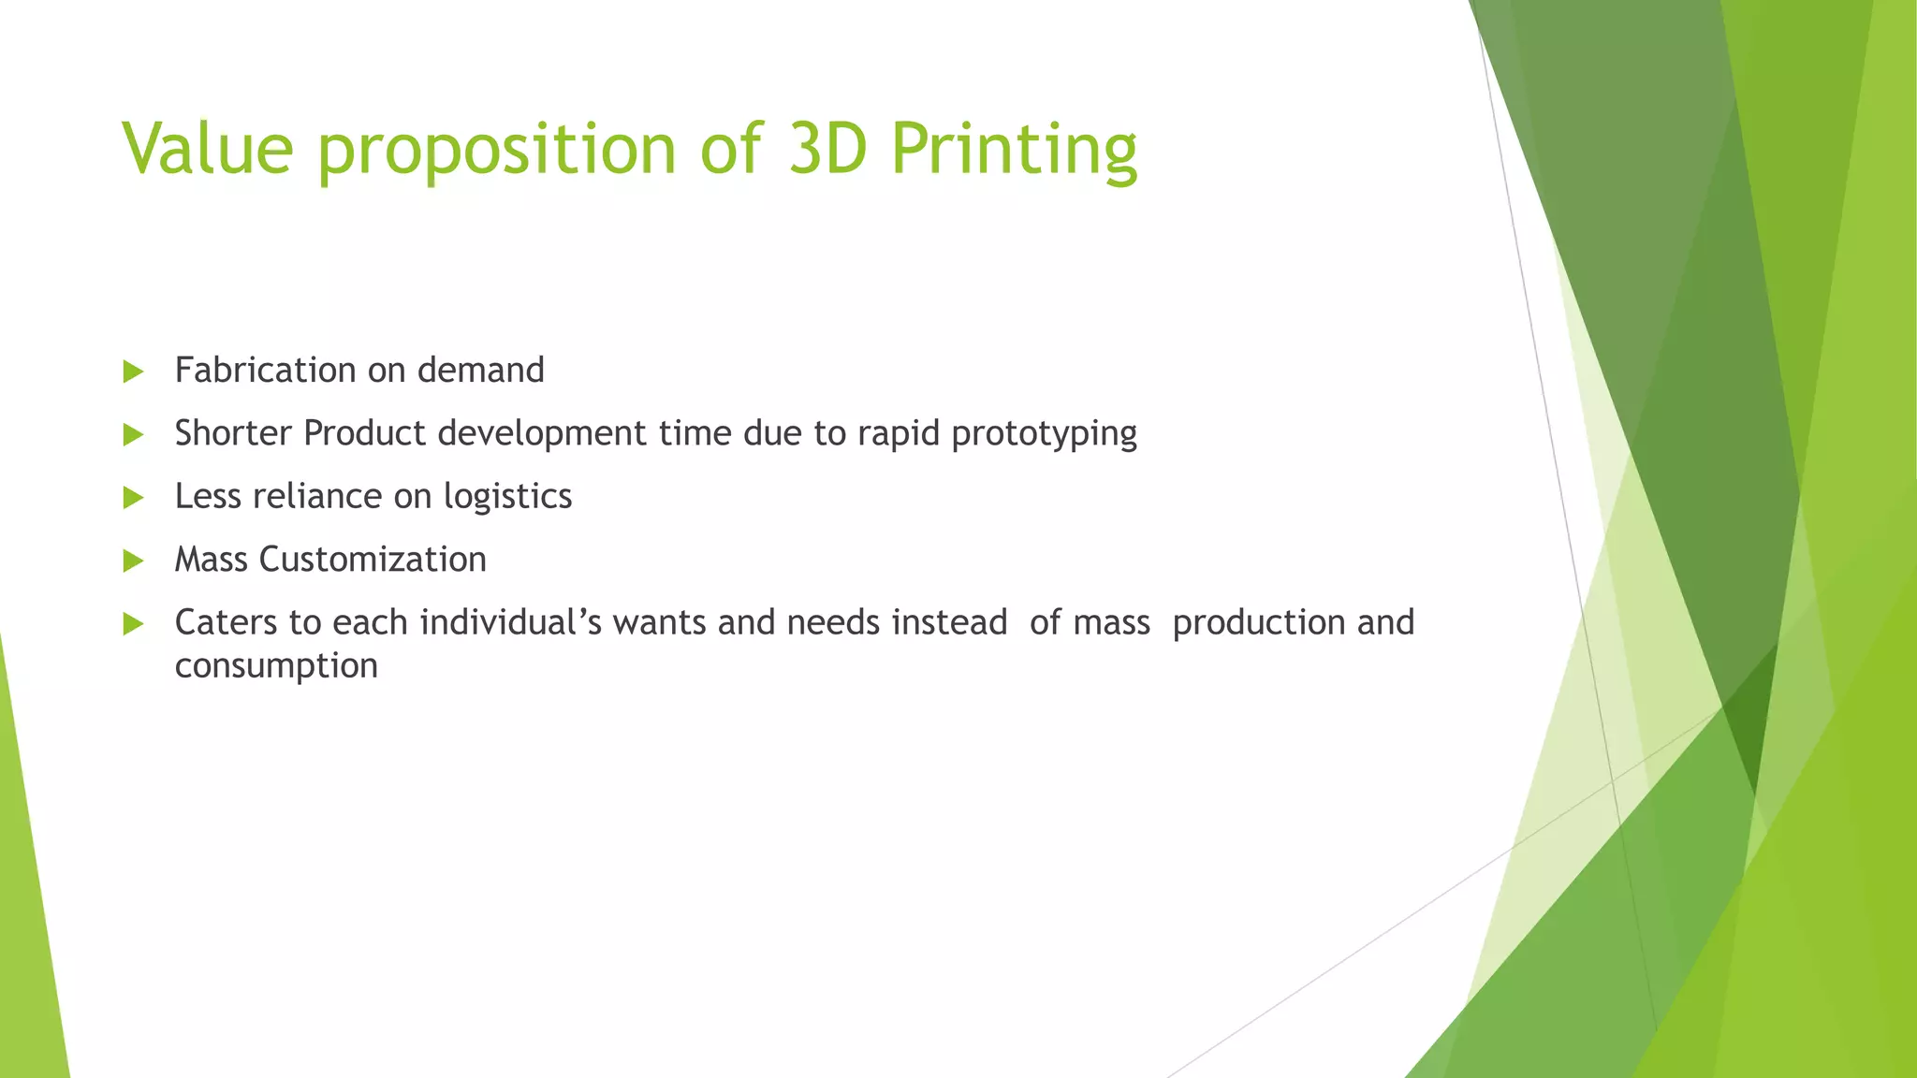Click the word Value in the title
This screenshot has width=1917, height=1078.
(208, 149)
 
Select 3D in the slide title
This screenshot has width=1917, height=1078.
(827, 149)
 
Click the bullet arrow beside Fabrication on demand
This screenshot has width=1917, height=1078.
(133, 371)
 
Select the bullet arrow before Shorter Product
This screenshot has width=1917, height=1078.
(133, 434)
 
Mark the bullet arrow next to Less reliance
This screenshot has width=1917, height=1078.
(133, 497)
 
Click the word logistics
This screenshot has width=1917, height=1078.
(507, 497)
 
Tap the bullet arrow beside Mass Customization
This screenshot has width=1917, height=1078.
(133, 561)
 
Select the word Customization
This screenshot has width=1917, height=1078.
(373, 560)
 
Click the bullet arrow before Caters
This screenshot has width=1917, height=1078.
(133, 623)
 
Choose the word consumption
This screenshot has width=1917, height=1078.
(276, 667)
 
